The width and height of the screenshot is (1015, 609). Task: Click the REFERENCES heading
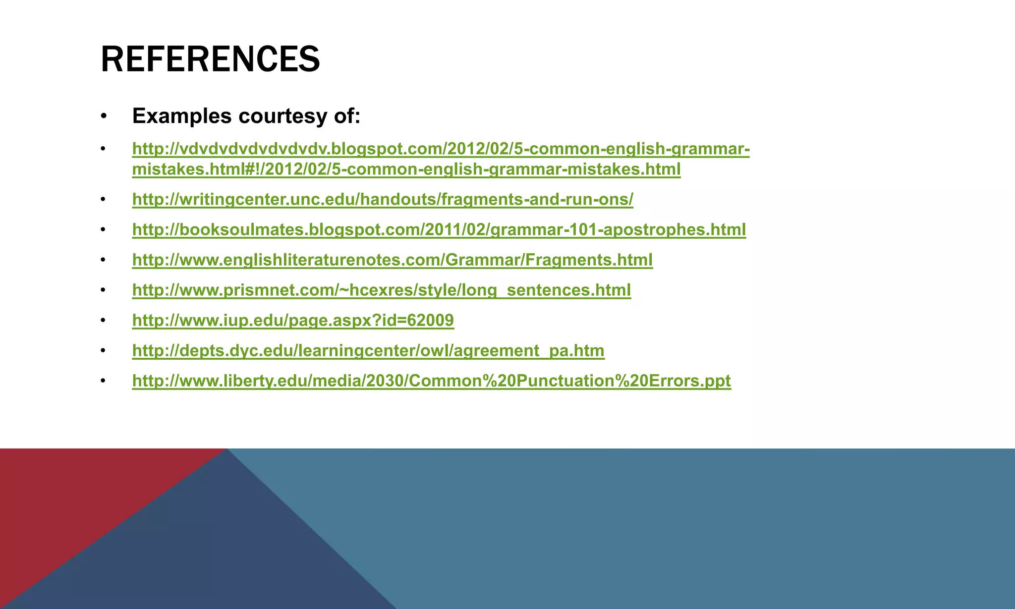point(210,59)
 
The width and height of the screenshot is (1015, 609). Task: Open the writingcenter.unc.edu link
point(383,199)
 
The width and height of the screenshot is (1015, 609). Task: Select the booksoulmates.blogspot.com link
point(439,229)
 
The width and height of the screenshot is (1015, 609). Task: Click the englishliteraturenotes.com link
point(392,260)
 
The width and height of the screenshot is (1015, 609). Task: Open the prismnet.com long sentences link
point(381,290)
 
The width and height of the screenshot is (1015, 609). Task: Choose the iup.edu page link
point(293,320)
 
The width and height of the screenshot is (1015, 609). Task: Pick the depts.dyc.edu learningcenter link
point(368,351)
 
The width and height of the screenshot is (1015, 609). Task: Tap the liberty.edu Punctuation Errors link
point(431,381)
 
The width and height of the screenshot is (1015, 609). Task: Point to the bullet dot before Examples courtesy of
point(103,116)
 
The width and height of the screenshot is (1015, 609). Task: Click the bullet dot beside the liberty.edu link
point(103,381)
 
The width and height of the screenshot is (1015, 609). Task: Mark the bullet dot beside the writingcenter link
point(103,200)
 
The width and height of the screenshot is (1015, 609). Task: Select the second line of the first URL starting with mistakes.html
point(406,169)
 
